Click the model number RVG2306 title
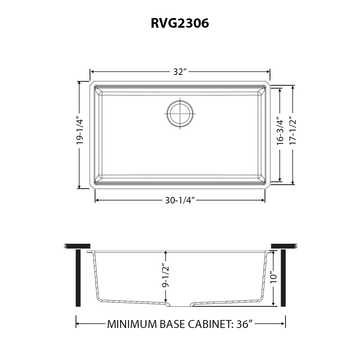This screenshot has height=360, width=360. [x=180, y=23]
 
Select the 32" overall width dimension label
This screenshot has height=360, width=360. [x=180, y=72]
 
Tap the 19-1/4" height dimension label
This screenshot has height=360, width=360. [x=80, y=132]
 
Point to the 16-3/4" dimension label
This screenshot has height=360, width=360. [x=280, y=130]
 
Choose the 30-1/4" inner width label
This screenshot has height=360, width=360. [x=180, y=201]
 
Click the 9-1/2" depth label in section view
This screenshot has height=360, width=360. [x=166, y=276]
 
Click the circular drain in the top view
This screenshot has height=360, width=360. [x=180, y=113]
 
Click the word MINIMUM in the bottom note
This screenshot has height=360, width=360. [x=132, y=324]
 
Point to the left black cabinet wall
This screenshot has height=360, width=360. [x=78, y=278]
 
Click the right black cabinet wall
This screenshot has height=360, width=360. [x=283, y=278]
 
